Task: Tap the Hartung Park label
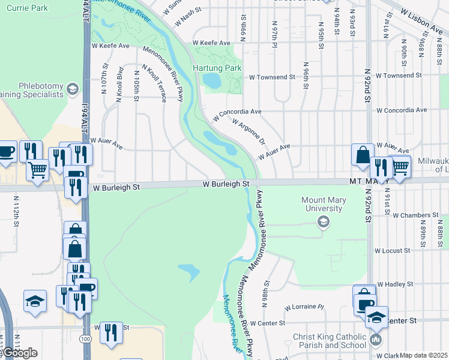tap(217, 68)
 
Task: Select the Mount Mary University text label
tap(322, 205)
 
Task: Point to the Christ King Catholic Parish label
tap(329, 341)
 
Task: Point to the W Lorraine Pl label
tap(304, 307)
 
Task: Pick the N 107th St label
tap(104, 79)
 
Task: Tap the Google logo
tap(20, 352)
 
